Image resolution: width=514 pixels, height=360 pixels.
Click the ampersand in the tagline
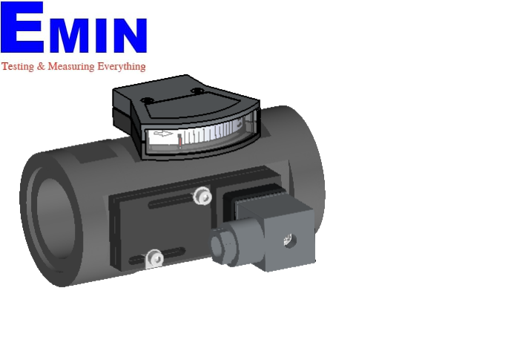(x=41, y=66)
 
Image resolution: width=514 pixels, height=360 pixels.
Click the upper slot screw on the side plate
(x=200, y=196)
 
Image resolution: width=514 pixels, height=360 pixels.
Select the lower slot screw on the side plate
(x=154, y=258)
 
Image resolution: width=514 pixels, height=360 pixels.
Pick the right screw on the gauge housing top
(x=197, y=91)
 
